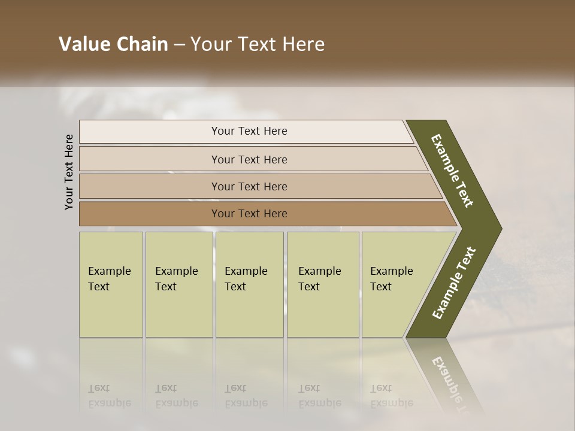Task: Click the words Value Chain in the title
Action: coord(113,44)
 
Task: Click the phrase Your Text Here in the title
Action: coord(258,44)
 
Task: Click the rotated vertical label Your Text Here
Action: coord(69,172)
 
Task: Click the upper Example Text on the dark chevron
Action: coord(452,171)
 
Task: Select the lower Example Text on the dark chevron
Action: coord(454,283)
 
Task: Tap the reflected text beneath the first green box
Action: coord(109,396)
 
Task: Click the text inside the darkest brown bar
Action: coord(249,214)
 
